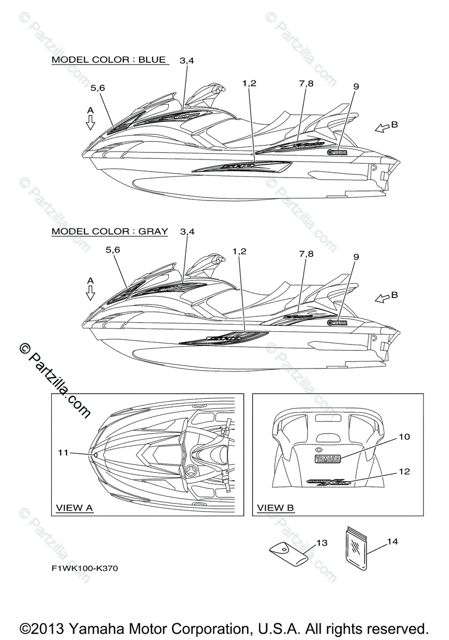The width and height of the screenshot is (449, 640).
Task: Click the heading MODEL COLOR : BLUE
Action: pyautogui.click(x=109, y=60)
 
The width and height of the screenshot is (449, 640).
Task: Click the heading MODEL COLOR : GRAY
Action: pyautogui.click(x=110, y=231)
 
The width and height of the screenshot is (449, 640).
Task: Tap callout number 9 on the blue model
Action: pyautogui.click(x=356, y=86)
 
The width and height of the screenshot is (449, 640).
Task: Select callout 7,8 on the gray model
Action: pyautogui.click(x=306, y=254)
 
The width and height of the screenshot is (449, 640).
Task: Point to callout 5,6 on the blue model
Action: pyautogui.click(x=97, y=87)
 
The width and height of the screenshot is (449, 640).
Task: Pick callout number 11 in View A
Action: pyautogui.click(x=63, y=452)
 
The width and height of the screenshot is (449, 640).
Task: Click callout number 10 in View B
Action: pyautogui.click(x=404, y=437)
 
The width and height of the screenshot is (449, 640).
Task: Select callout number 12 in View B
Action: pyautogui.click(x=404, y=471)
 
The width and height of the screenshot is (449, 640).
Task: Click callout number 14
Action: pyautogui.click(x=392, y=541)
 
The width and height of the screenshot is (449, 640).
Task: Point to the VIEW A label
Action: pyautogui.click(x=75, y=508)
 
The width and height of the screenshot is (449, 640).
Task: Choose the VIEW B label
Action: pyautogui.click(x=275, y=508)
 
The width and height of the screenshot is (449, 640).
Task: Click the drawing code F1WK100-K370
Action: pyautogui.click(x=85, y=569)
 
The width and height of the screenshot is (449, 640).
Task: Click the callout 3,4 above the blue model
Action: pyautogui.click(x=187, y=60)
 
